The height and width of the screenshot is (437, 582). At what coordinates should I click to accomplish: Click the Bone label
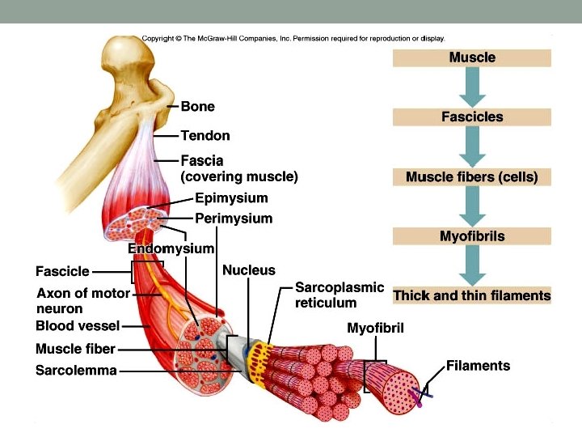[x=197, y=107]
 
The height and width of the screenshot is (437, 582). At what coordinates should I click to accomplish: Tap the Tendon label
[x=205, y=136]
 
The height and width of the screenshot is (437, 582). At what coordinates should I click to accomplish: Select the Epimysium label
[x=231, y=198]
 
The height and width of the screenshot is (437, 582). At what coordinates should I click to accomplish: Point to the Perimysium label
[x=234, y=218]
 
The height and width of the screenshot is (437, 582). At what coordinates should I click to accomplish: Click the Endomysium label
[x=171, y=248]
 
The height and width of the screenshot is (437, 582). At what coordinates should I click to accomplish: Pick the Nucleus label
[x=248, y=270]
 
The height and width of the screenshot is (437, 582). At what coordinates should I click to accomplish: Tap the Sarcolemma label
[x=76, y=371]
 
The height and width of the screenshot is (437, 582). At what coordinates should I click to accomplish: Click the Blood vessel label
[x=78, y=326]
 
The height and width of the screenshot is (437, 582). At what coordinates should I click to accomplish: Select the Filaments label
[x=478, y=366]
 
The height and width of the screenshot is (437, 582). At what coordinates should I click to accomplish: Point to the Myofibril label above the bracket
[x=375, y=329]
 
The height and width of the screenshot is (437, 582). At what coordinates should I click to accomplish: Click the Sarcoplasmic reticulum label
[x=339, y=295]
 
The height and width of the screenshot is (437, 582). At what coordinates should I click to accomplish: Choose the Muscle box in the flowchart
[x=472, y=58]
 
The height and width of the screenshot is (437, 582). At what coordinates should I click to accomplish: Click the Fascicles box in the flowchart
[x=472, y=117]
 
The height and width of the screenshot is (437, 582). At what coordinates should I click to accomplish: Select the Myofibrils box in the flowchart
[x=472, y=236]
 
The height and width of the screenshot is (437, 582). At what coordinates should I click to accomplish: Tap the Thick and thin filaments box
[x=472, y=296]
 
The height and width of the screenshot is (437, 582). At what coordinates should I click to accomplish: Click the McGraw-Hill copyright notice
[x=293, y=38]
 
